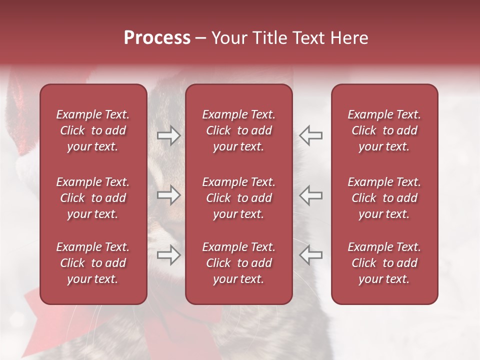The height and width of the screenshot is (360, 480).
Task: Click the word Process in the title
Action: (157, 38)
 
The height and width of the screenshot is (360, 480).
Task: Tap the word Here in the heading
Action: (349, 38)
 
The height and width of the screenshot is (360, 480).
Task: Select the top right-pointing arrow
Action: (169, 135)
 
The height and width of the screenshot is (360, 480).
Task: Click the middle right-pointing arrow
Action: (169, 195)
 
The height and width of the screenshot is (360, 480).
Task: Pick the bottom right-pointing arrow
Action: (169, 255)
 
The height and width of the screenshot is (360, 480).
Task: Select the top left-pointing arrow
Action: (310, 135)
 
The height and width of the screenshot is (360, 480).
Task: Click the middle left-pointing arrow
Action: (310, 195)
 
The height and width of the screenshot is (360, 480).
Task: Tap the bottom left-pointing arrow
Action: (310, 255)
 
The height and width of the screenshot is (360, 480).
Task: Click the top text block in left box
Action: (93, 130)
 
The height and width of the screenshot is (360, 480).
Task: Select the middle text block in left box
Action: (93, 198)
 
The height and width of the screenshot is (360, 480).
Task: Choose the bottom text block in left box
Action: (93, 263)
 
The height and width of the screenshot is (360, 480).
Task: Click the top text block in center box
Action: (238, 130)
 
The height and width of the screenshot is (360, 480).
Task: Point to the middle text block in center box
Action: (238, 198)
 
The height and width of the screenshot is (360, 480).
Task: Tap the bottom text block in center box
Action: (238, 263)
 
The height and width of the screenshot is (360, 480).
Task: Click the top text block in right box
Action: (384, 130)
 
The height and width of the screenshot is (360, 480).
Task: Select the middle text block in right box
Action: (384, 198)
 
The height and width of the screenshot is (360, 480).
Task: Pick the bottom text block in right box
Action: (384, 263)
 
